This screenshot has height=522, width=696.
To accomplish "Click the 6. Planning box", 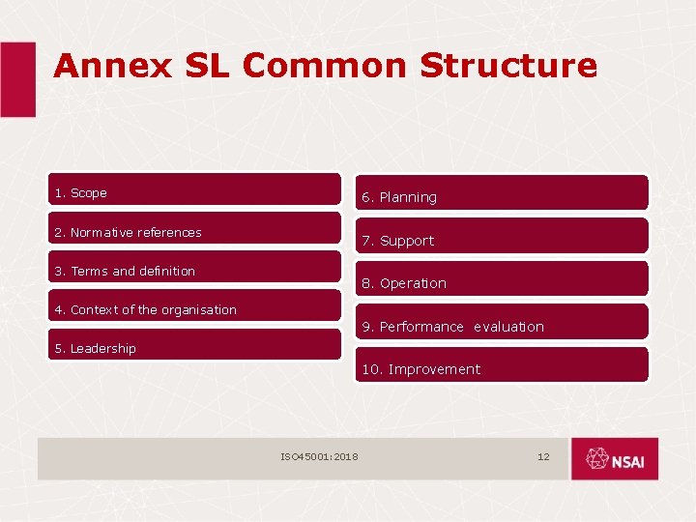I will point(502,193).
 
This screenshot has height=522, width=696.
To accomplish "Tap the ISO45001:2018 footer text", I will point(319,456).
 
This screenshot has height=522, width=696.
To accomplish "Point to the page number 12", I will point(543,456).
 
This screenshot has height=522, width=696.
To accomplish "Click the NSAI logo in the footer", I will point(614,459).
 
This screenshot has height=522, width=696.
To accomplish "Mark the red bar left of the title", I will point(17,79).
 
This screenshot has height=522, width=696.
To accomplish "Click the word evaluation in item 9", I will point(508,327).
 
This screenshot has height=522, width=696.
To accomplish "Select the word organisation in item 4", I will point(199,309).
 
